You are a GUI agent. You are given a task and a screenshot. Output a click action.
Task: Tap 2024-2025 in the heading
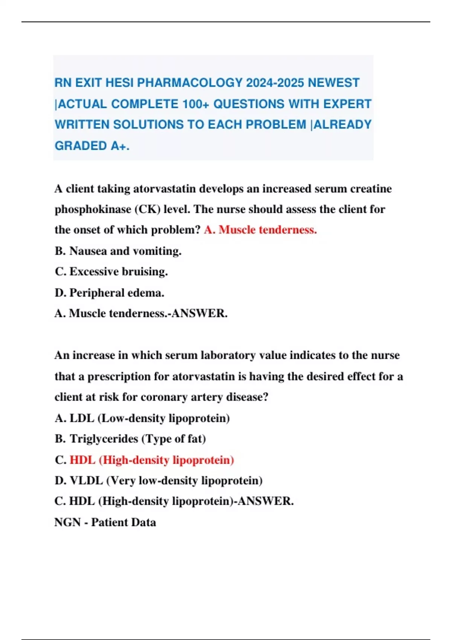(x=275, y=83)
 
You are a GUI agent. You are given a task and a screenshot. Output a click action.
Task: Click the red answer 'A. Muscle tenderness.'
(x=260, y=230)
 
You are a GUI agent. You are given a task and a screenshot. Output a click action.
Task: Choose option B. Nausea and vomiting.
(x=118, y=251)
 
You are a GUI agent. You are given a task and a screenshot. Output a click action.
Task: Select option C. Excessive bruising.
(x=111, y=271)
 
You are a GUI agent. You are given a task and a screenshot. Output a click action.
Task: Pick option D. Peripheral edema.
(x=109, y=293)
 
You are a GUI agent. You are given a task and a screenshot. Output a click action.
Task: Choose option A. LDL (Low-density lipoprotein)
(x=142, y=418)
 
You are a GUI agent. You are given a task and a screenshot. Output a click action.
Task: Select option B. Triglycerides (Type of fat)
(x=130, y=439)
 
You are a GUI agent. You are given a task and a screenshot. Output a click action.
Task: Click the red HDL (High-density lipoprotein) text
(x=152, y=460)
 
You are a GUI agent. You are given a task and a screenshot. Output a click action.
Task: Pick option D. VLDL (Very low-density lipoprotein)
(x=159, y=480)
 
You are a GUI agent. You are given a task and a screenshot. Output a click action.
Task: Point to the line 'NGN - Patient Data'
(x=105, y=522)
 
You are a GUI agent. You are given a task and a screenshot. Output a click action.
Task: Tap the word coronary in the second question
(x=164, y=397)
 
